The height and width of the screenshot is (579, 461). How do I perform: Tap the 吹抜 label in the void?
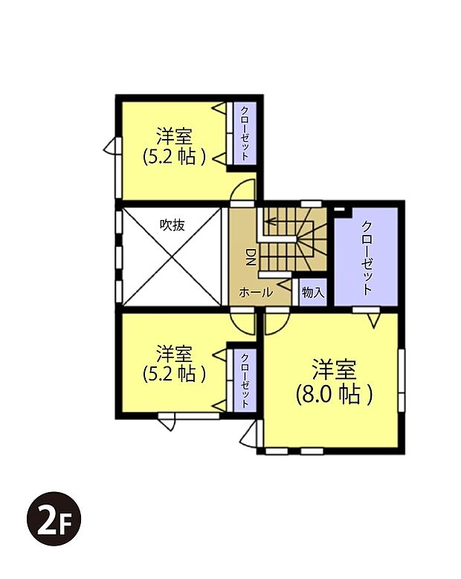[172, 224]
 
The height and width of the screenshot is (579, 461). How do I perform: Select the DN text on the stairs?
[251, 257]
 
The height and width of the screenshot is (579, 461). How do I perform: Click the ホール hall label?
[255, 293]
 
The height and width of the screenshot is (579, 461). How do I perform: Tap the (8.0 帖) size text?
[334, 394]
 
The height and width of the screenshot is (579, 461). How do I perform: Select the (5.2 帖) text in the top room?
[175, 157]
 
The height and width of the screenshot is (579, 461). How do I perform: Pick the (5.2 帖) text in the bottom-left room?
[175, 372]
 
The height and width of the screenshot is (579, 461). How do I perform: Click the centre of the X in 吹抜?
[172, 256]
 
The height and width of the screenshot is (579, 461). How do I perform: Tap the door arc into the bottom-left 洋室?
[242, 321]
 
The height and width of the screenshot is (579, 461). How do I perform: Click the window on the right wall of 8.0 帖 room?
[402, 379]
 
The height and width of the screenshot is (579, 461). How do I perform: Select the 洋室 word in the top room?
[175, 137]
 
